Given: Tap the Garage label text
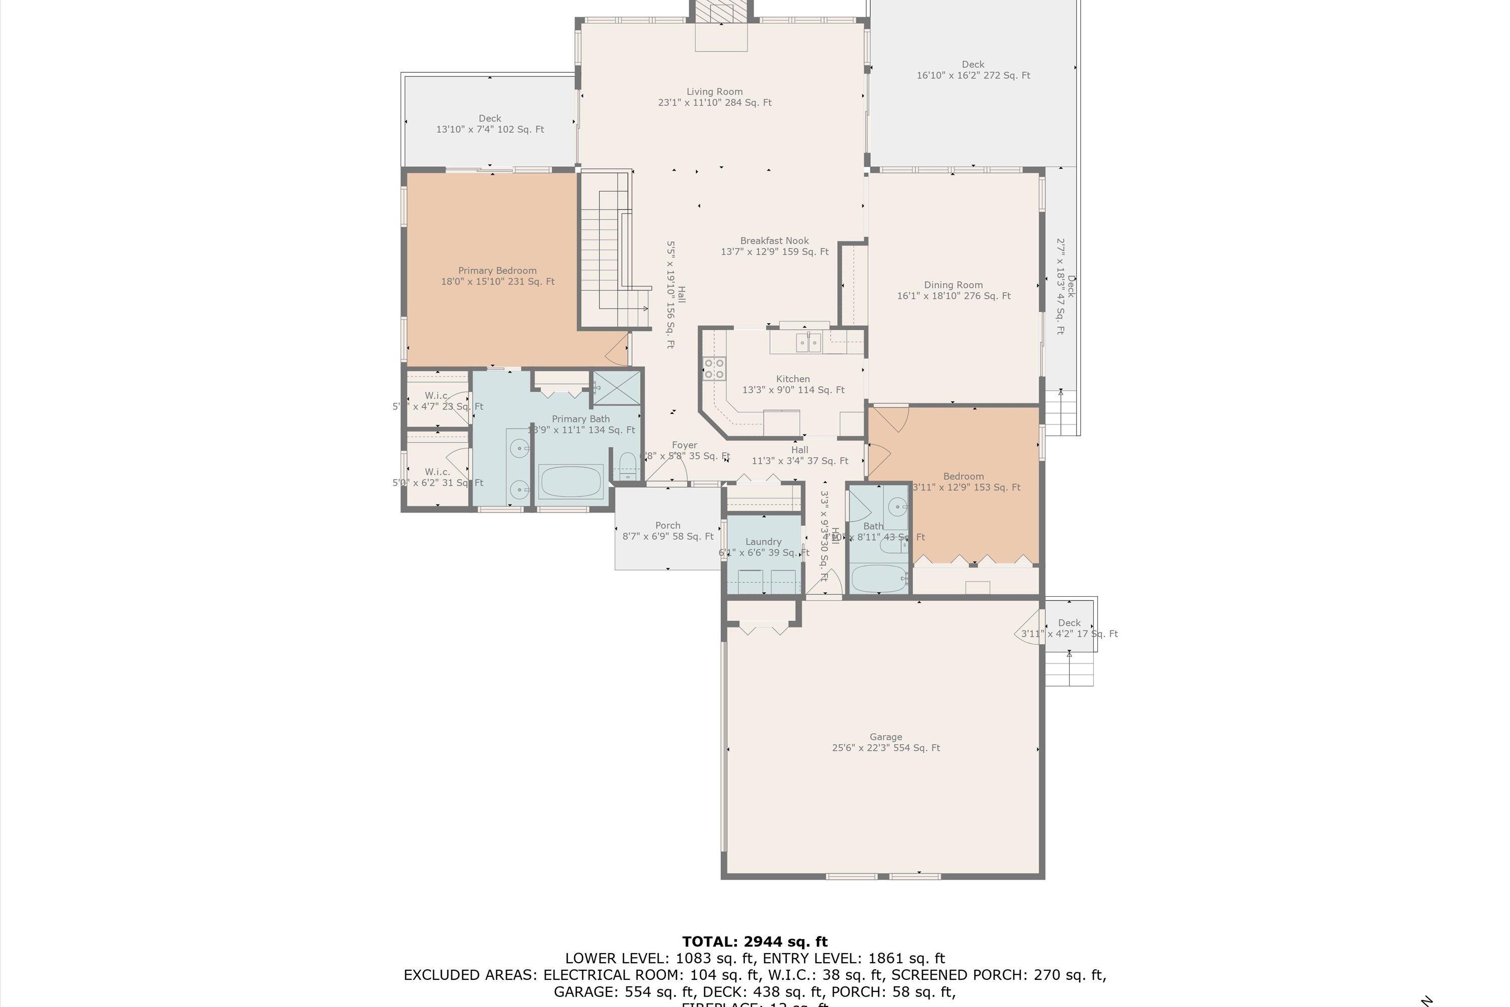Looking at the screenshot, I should click(885, 737).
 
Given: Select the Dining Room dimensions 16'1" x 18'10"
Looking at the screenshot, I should click(953, 296).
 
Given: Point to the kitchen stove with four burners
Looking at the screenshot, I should click(714, 369).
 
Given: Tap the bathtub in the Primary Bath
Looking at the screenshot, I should click(571, 482).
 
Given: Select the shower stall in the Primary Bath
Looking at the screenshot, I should click(616, 387).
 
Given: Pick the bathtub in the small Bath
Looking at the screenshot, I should click(878, 579).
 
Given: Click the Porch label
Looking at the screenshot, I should click(668, 525).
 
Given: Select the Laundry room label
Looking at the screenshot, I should click(764, 541).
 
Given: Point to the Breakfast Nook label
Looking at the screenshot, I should click(774, 241).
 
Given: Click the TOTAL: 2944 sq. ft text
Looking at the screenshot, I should click(754, 942).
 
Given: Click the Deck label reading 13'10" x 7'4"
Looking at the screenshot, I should click(490, 129).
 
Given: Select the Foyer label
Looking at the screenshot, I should click(685, 445).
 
